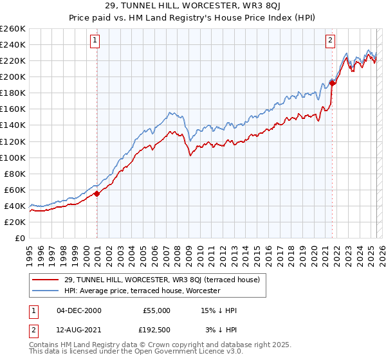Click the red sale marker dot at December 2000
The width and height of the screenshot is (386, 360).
tap(96, 193)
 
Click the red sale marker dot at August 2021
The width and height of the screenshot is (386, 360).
tap(332, 82)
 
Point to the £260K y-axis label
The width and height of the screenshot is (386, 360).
tap(12, 29)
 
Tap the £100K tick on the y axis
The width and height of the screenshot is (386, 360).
tap(12, 157)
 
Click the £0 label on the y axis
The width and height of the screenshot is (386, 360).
tap(19, 238)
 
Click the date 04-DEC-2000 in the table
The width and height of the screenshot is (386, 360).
tap(79, 310)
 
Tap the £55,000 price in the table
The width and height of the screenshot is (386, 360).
tap(156, 310)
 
